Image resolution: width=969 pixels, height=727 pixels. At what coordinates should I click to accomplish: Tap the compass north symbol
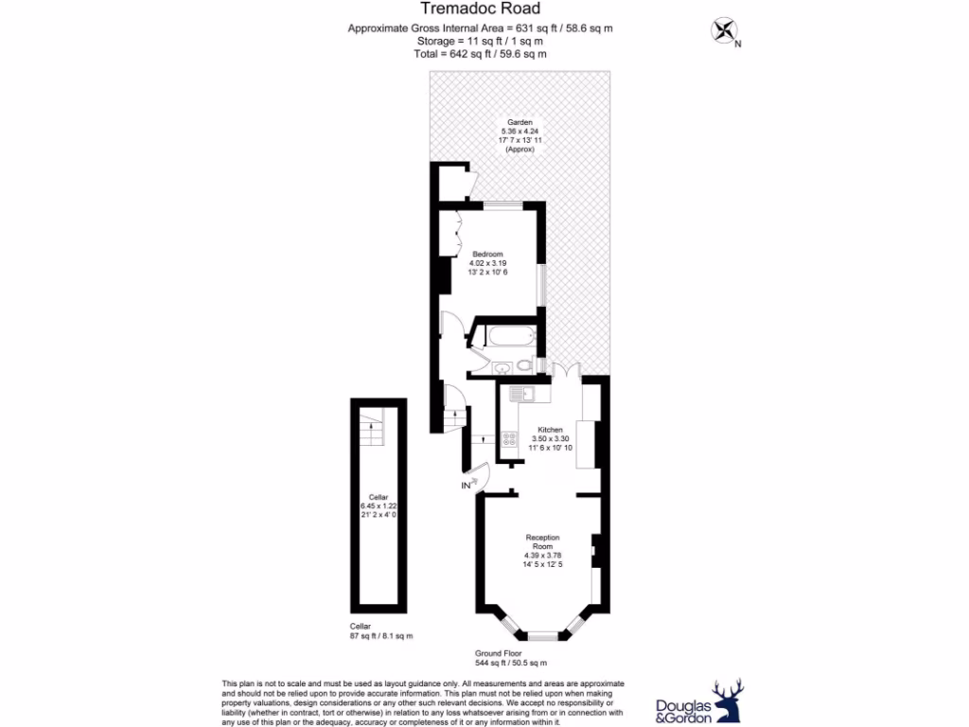point(725,31)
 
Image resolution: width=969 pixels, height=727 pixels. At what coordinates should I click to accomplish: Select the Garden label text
point(519,122)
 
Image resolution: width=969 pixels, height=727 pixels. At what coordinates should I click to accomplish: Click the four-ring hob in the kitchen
point(508,439)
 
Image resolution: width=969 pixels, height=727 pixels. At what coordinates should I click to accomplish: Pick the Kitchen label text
point(550,428)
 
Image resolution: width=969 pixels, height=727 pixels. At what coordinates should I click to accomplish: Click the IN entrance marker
point(466,486)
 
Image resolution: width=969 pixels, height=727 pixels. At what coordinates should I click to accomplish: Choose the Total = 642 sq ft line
point(480,55)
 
